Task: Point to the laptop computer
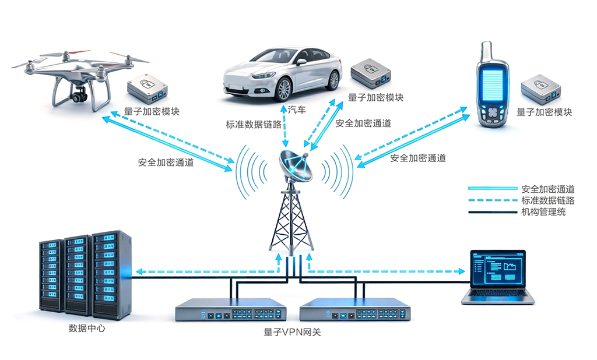pos(498,277)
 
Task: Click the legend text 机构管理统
pos(543,212)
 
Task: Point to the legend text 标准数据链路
pos(548,200)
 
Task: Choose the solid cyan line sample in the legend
pos(493,189)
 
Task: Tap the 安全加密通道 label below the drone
pos(166,163)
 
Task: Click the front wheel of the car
pos(283,90)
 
